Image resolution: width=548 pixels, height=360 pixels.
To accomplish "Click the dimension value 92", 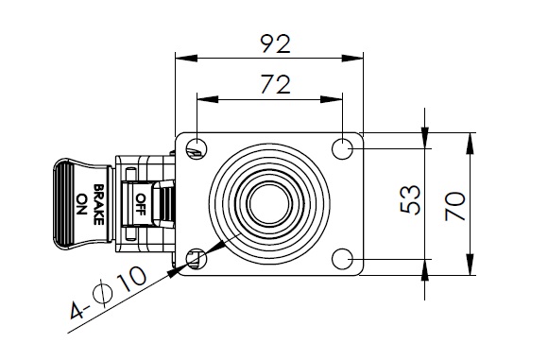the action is [275, 43].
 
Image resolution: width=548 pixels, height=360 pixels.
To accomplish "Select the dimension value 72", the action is [275, 84].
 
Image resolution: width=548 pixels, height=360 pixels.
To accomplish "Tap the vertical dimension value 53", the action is [410, 199].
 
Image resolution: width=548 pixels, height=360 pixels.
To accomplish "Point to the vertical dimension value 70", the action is [455, 206].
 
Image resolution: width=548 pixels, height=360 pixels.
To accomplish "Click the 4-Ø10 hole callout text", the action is [109, 293].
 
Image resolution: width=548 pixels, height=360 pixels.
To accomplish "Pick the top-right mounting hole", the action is [342, 149].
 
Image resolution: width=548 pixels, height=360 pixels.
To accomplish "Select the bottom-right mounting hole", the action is [342, 259].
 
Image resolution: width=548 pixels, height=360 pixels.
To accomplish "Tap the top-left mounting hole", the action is [197, 149].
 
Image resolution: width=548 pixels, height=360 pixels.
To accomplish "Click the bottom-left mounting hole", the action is [197, 259].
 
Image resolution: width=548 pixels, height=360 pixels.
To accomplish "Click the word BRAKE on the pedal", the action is [98, 204].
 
